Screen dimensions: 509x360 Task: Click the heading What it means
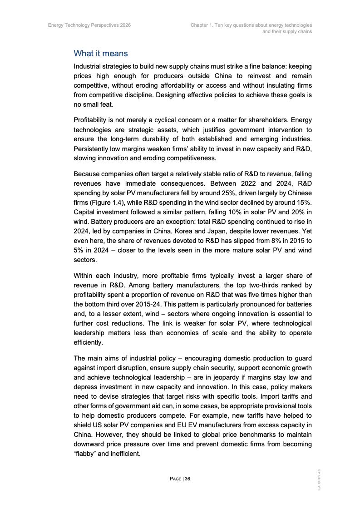click(x=101, y=54)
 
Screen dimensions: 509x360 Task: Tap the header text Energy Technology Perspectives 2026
click(x=89, y=25)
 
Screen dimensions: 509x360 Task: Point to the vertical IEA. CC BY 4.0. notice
click(x=319, y=479)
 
